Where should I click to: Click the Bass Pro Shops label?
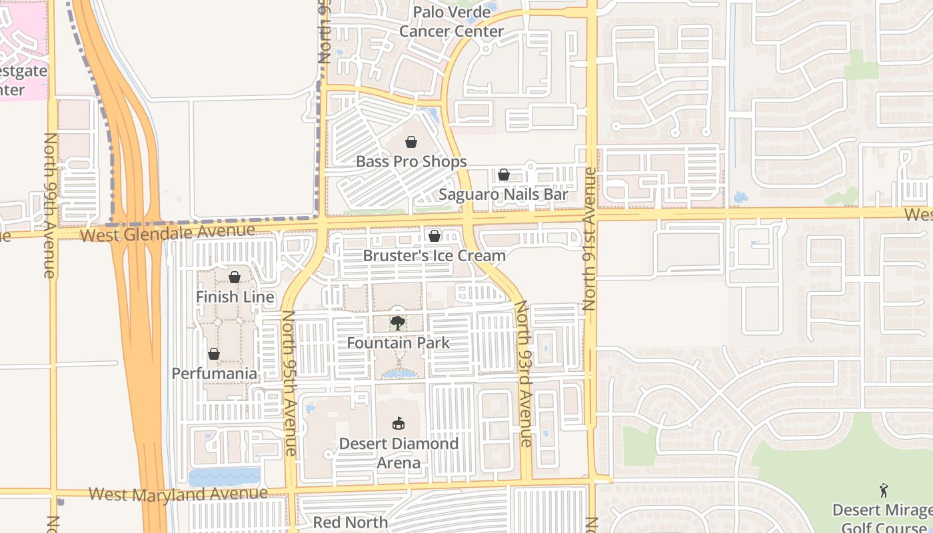point(411,161)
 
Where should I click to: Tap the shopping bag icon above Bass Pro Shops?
point(411,141)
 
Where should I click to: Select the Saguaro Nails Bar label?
point(503,195)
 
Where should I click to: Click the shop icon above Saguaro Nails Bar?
point(504,175)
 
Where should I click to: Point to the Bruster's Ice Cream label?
point(434,255)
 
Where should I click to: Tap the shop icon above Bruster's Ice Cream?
point(434,236)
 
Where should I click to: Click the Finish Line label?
point(235,296)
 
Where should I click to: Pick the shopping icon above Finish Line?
point(235,277)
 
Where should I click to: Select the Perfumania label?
point(214,373)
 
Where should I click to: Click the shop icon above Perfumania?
point(214,354)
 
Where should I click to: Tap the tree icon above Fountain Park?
point(398,323)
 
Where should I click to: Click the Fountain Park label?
point(398,343)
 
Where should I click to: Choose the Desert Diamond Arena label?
point(399,452)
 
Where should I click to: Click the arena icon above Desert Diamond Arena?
point(399,423)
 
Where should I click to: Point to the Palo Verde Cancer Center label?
point(451,21)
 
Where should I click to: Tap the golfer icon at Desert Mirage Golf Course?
point(884,490)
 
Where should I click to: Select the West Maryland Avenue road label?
point(178,494)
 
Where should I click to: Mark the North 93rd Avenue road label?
point(523,373)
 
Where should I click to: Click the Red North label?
point(351,522)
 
